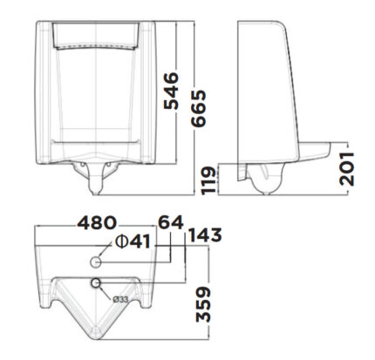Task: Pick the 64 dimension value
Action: (171, 223)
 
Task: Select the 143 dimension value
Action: (204, 234)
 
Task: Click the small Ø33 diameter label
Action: (121, 299)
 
